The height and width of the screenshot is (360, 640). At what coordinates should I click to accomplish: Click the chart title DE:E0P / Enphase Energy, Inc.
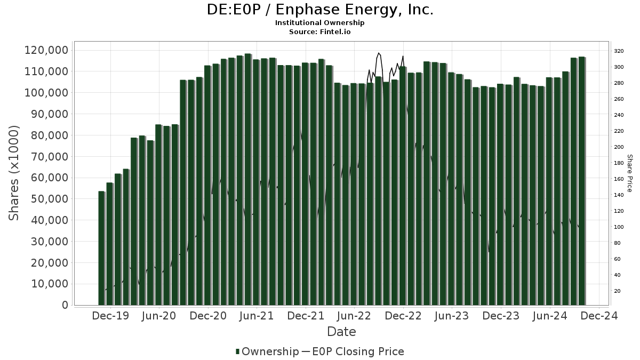pos(320,10)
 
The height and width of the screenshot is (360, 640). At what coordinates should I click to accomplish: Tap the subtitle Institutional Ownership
pos(320,23)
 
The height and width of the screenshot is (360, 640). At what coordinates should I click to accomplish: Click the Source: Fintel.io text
pos(320,31)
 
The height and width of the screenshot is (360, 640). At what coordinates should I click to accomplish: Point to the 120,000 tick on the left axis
pos(46,50)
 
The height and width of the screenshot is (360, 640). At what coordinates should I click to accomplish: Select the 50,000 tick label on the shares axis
pos(46,199)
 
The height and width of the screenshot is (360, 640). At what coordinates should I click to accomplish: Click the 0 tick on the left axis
pos(65,305)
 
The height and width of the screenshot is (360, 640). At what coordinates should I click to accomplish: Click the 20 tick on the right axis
pos(617,291)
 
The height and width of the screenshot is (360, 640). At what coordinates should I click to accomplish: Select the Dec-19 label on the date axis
pos(110,316)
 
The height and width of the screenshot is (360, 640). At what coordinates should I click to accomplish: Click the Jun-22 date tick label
pos(354,316)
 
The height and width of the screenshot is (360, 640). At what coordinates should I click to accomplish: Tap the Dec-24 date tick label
pos(599,316)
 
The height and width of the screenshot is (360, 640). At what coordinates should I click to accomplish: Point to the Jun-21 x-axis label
pos(257,316)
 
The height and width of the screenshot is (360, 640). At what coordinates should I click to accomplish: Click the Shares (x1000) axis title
pos(14,173)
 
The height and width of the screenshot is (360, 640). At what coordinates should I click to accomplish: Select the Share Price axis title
pos(629,173)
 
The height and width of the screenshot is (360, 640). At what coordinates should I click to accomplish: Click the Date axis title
pos(341,332)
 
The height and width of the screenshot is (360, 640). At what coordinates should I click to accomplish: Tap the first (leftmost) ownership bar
pos(101,248)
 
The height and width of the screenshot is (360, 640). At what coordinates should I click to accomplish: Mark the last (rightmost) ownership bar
pos(581,181)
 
